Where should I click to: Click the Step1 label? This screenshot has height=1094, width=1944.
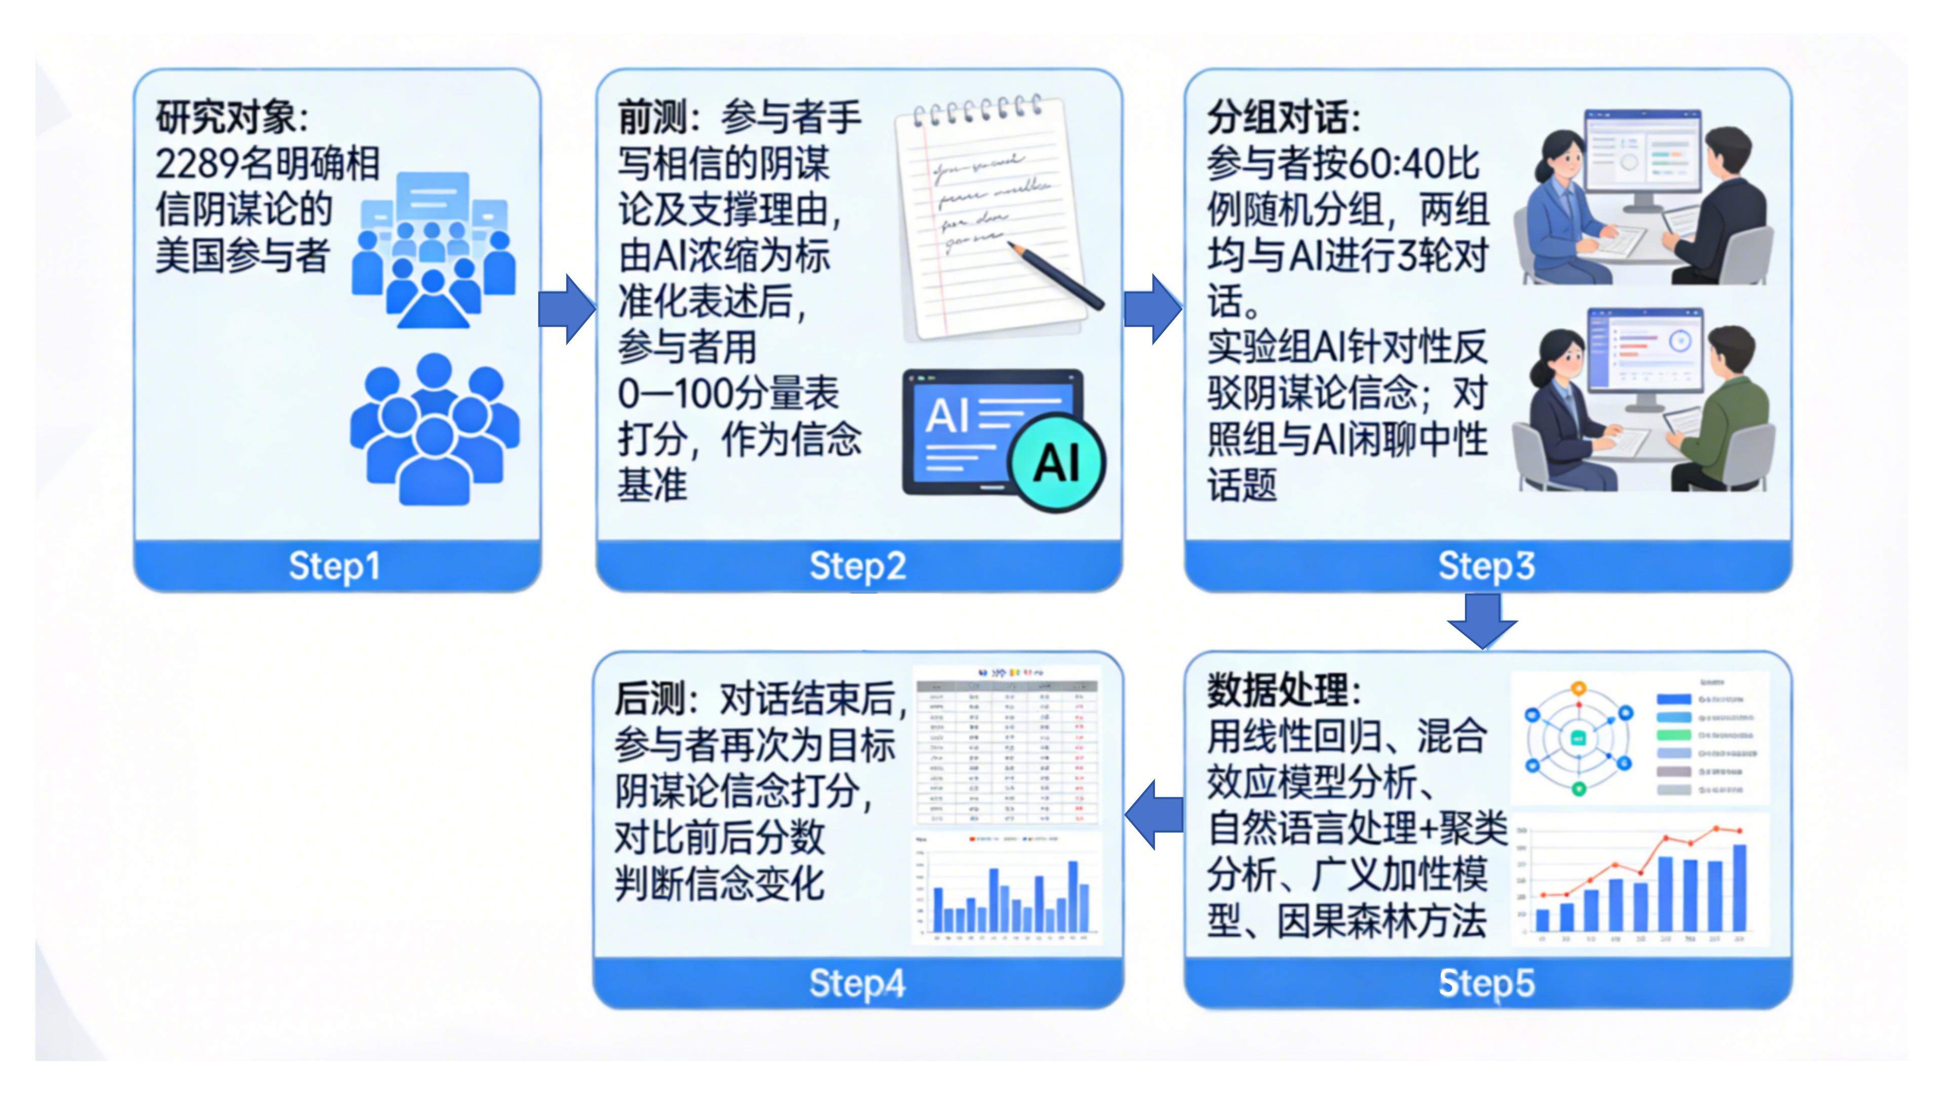pos(334,566)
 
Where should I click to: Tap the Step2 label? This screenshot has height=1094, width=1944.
pos(857,566)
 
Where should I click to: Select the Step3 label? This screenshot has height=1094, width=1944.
pos(1486,566)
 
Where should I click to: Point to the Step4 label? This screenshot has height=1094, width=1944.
pos(857,983)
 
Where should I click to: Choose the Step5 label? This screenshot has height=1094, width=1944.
pos(1486,983)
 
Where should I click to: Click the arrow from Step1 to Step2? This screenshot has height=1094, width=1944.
pos(568,309)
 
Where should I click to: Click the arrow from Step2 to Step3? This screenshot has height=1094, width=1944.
pos(1153,309)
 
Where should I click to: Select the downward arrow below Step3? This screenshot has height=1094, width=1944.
pos(1482,620)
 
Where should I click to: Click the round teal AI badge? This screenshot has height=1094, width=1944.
pos(1057,462)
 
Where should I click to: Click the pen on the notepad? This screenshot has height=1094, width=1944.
pos(1057,276)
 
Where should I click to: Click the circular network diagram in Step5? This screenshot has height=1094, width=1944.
pos(1577,738)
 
